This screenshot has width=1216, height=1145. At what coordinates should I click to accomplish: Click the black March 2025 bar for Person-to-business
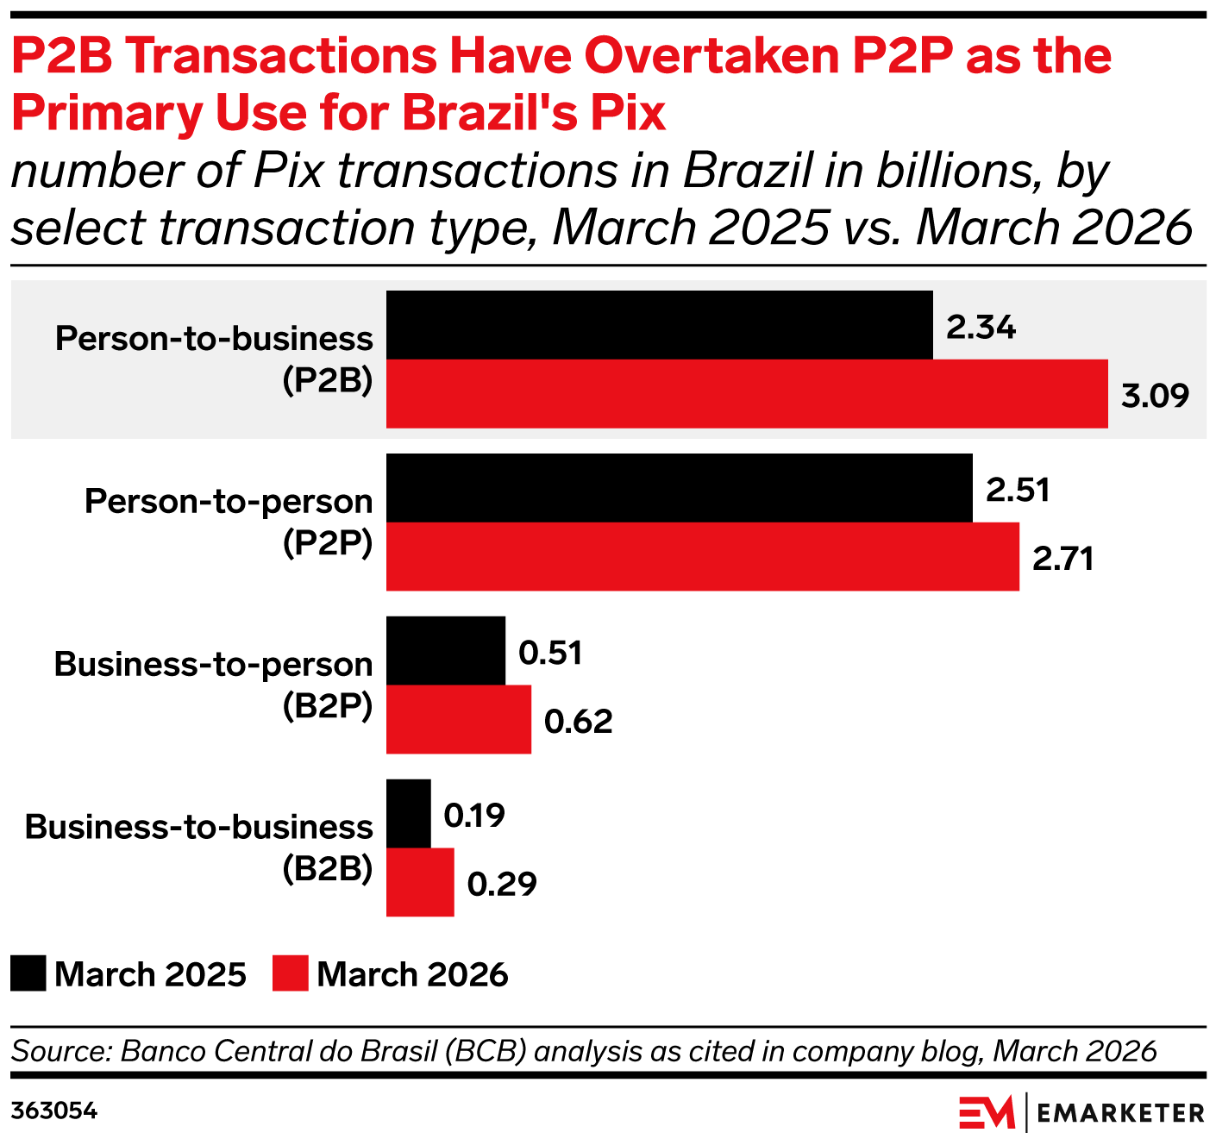[x=659, y=325]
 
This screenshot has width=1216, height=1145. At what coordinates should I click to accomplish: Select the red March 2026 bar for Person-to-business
[x=747, y=393]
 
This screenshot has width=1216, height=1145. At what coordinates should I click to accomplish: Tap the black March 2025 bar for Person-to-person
[x=679, y=488]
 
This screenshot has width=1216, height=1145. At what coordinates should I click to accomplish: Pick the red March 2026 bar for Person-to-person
[x=702, y=556]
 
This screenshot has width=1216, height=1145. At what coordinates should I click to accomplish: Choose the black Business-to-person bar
[x=445, y=651]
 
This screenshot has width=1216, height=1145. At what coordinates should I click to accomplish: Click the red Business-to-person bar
[x=458, y=719]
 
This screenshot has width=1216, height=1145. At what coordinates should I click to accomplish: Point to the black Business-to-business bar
[x=408, y=814]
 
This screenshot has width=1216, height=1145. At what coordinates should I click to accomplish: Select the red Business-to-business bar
[x=419, y=882]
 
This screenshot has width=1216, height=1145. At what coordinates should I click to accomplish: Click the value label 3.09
[x=1155, y=396]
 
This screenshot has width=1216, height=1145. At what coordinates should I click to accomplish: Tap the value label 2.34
[x=981, y=328]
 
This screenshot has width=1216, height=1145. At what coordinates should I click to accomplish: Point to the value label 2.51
[x=1018, y=491]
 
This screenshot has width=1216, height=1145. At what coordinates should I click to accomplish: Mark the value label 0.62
[x=578, y=722]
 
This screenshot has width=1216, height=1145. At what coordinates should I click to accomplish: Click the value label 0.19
[x=473, y=816]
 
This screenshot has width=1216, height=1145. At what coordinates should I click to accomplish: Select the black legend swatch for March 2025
[x=28, y=973]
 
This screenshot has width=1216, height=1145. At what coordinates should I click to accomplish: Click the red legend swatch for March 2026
[x=290, y=973]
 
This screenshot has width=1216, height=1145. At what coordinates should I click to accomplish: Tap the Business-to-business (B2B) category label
[x=199, y=847]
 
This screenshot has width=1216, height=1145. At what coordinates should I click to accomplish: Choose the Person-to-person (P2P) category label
[x=229, y=521]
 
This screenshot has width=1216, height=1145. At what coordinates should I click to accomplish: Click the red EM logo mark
[x=987, y=1112]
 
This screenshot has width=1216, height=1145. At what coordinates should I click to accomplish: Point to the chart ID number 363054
[x=54, y=1111]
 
